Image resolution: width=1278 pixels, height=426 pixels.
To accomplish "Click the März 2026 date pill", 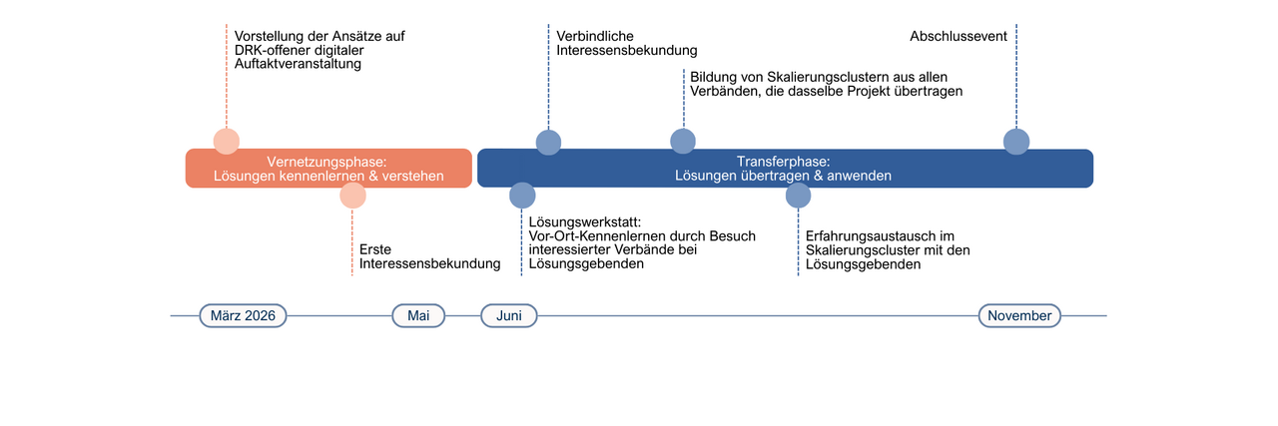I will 244,315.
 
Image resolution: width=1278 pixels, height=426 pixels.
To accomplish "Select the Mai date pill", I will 418,315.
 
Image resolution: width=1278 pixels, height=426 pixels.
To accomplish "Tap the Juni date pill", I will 509,315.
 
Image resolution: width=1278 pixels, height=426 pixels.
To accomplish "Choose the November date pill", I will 1019,315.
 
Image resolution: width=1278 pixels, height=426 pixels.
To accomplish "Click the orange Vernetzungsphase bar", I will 328,168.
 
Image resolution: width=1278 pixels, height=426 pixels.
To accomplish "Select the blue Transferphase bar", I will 785,168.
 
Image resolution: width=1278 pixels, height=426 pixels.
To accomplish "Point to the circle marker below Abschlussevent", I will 1016,142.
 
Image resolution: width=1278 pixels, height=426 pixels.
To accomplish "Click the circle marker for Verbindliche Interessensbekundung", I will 548,142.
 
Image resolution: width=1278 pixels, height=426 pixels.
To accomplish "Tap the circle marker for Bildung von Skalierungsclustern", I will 683,142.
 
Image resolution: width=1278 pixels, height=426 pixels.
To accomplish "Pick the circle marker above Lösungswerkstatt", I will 522,195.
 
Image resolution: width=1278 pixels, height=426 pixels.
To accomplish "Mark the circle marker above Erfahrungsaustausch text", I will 798,195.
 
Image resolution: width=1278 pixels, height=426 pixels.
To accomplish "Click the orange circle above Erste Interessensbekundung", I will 352,195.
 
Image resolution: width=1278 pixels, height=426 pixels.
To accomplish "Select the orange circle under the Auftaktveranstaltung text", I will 227,142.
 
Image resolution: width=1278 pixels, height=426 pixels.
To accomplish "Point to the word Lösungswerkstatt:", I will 584,221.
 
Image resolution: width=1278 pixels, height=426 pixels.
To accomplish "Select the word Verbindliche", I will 595,36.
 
